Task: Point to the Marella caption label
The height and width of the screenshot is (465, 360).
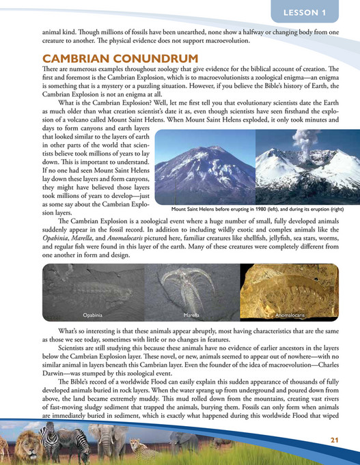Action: tap(192, 315)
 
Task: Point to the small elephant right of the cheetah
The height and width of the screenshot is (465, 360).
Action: tap(182, 442)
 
